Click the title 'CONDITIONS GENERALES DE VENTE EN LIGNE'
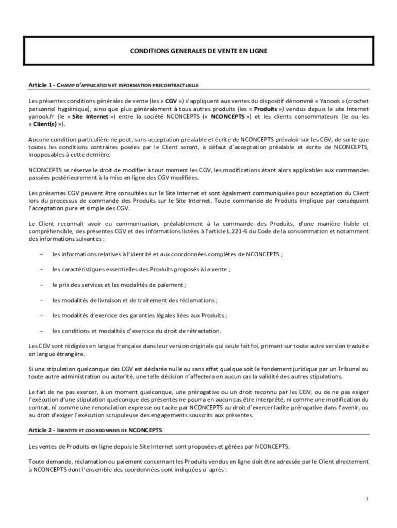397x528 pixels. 198,51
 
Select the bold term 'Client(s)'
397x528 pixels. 46,124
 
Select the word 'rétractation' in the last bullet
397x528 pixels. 204,331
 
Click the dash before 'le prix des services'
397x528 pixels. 41,285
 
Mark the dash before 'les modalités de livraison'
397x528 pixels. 41,300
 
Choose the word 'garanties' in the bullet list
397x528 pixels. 150,315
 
